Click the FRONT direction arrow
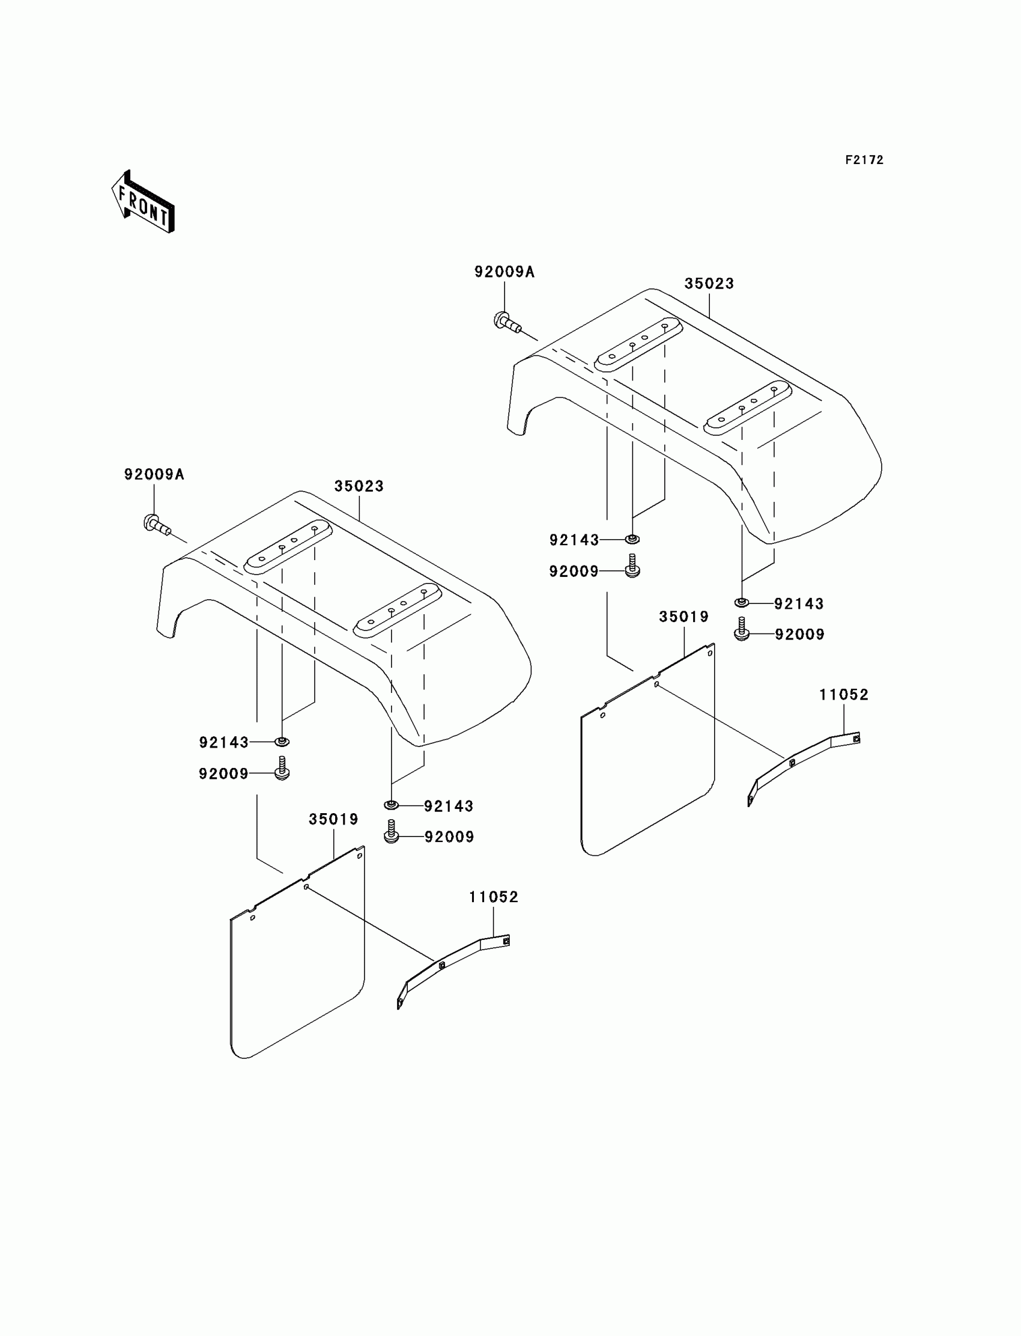click(x=143, y=203)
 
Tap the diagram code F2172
click(x=864, y=160)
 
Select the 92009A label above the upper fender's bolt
click(x=504, y=272)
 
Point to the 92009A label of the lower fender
click(x=154, y=474)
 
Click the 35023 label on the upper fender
click(x=709, y=284)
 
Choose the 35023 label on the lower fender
click(x=359, y=486)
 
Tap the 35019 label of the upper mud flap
click(x=683, y=617)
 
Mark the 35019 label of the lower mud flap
click(x=334, y=819)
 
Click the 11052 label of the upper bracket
click(x=844, y=695)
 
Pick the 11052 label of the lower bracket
click(x=494, y=897)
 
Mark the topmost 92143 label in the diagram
click(x=574, y=539)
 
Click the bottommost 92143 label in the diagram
click(x=449, y=806)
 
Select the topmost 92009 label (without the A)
click(x=574, y=571)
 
